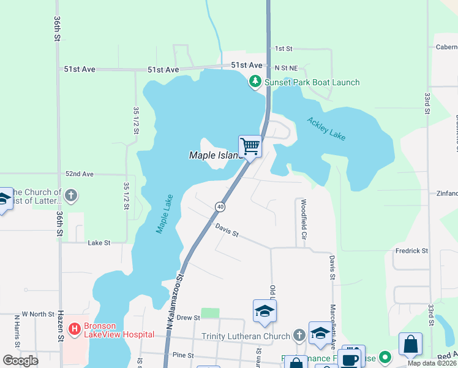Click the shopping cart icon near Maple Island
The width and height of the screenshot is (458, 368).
(x=250, y=147)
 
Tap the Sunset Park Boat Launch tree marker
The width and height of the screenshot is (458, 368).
(x=255, y=82)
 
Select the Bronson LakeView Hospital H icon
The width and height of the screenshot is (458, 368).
(x=75, y=329)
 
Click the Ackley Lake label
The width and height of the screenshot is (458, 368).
(x=326, y=129)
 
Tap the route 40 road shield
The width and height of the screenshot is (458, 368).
(x=220, y=207)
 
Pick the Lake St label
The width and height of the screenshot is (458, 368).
(x=99, y=243)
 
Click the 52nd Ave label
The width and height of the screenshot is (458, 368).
(x=79, y=174)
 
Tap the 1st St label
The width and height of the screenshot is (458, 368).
(x=284, y=48)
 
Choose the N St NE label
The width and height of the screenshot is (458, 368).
(x=286, y=67)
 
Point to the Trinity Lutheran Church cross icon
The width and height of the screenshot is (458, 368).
(x=299, y=335)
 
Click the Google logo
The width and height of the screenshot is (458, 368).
(x=21, y=360)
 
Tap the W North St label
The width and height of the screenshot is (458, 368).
(x=39, y=314)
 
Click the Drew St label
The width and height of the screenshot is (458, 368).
(x=189, y=318)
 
